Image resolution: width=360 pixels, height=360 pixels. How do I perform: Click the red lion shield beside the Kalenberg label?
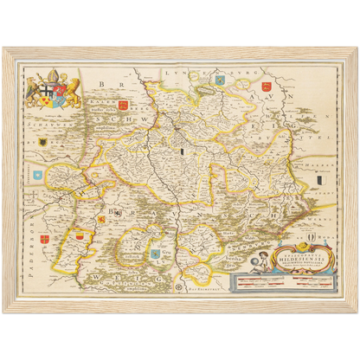pos(122,106)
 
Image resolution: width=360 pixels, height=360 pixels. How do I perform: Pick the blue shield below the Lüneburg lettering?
pos(220,80)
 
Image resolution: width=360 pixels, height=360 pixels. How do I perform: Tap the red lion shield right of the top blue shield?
pos(266,85)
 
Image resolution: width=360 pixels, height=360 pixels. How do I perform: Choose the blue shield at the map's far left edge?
pos(37,174)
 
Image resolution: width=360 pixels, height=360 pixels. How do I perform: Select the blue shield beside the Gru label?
pos(156,254)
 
